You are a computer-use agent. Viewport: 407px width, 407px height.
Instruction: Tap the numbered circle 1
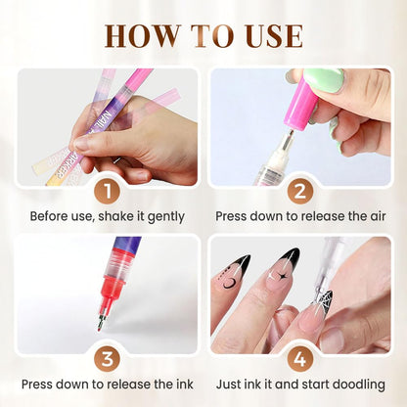point(109,190)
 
